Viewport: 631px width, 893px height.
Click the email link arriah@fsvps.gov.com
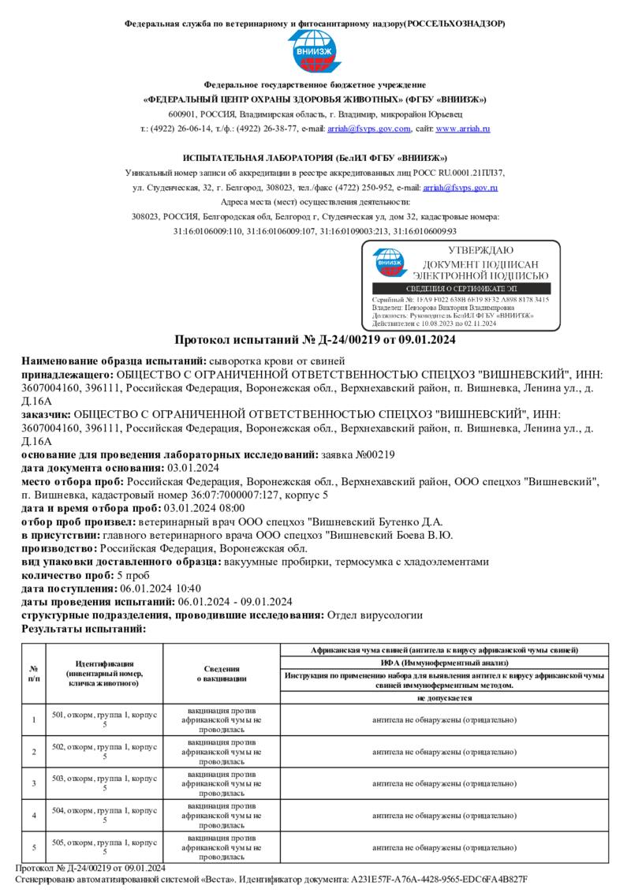pyautogui.click(x=369, y=129)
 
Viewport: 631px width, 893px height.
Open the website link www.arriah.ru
pyautogui.click(x=463, y=129)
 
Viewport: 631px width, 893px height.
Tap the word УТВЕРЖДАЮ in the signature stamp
pyautogui.click(x=480, y=251)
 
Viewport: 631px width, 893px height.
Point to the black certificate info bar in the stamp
pyautogui.click(x=461, y=290)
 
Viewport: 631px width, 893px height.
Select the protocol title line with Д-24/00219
pyautogui.click(x=315, y=340)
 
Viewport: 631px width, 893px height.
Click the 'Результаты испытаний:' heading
pyautogui.click(x=84, y=629)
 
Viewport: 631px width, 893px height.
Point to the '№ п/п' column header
pyautogui.click(x=34, y=673)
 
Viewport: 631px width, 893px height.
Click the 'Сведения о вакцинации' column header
pyautogui.click(x=222, y=673)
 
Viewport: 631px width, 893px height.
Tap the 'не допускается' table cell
pyautogui.click(x=445, y=698)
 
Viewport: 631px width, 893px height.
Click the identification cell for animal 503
pyautogui.click(x=104, y=783)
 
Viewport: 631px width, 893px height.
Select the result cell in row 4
pyautogui.click(x=445, y=815)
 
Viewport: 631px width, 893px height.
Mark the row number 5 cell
pyautogui.click(x=34, y=847)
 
